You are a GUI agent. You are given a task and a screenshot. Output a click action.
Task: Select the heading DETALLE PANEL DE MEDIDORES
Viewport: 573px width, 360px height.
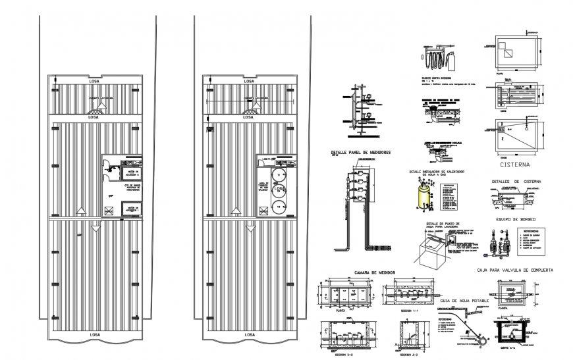[x=361, y=153]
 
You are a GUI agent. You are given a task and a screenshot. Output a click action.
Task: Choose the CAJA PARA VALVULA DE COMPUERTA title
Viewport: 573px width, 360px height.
[x=514, y=270]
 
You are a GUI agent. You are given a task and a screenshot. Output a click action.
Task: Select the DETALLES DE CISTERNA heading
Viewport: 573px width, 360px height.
[x=516, y=181]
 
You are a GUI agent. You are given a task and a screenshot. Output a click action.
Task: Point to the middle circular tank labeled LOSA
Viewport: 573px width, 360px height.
[x=279, y=190]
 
